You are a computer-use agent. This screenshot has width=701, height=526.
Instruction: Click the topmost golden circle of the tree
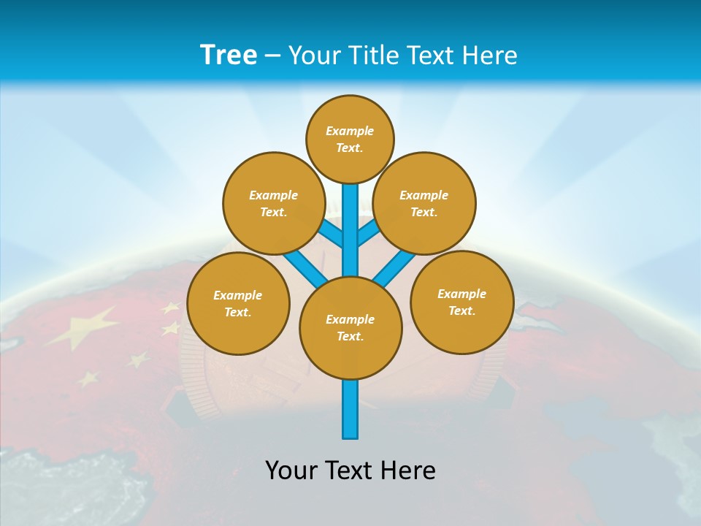pyautogui.click(x=350, y=139)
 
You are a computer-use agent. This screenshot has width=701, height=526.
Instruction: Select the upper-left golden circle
pyautogui.click(x=274, y=203)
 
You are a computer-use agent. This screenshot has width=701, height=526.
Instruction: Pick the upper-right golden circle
pyautogui.click(x=424, y=203)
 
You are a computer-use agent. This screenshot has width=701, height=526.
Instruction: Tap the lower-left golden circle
pyautogui.click(x=238, y=303)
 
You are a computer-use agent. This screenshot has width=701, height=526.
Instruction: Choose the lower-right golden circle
pyautogui.click(x=462, y=302)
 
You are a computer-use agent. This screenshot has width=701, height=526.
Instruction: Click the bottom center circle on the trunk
pyautogui.click(x=350, y=327)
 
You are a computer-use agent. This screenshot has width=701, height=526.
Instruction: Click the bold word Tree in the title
pyautogui.click(x=229, y=55)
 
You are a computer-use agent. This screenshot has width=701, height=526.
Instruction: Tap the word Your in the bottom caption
pyautogui.click(x=291, y=470)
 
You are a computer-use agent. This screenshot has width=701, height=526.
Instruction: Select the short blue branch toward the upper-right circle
pyautogui.click(x=367, y=233)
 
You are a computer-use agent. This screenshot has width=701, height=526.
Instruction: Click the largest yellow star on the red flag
pyautogui.click(x=82, y=326)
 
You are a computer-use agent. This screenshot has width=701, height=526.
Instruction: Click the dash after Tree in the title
pyautogui.click(x=272, y=56)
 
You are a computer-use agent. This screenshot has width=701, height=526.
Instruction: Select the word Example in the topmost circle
pyautogui.click(x=350, y=131)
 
